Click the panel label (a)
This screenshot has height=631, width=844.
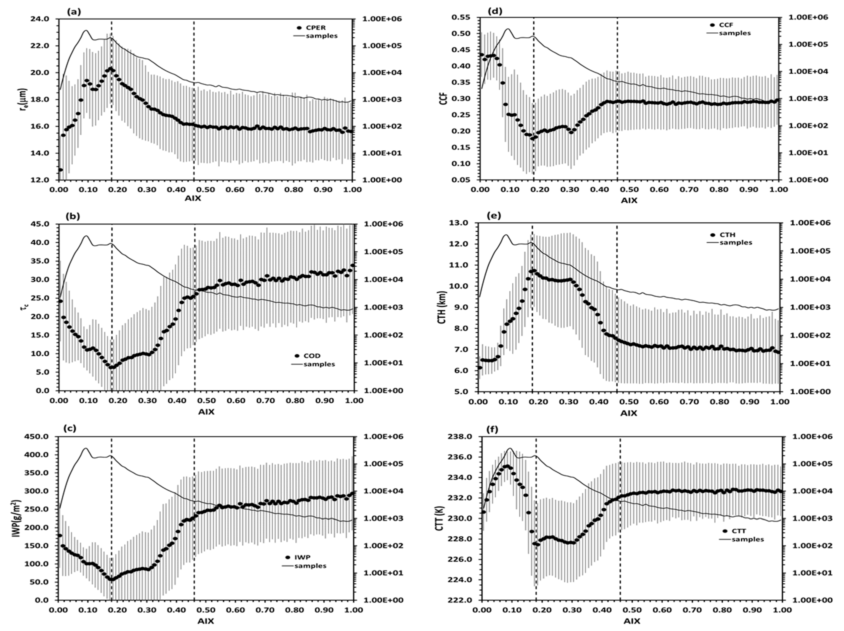[x=74, y=12]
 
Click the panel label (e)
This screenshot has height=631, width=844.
[x=495, y=216]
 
